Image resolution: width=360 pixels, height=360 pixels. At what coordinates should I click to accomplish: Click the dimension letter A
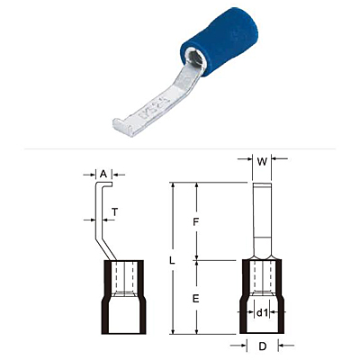103,174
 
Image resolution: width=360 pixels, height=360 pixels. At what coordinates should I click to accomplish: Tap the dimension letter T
115,212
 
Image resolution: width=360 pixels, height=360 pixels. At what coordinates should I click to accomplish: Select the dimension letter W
262,162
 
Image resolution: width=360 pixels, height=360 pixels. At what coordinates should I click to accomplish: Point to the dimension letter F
196,222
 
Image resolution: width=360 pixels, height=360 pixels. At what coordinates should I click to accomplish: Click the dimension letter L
172,261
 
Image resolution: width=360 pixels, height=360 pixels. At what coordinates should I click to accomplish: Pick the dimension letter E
196,299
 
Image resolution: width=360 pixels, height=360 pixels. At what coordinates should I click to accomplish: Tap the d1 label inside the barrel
262,313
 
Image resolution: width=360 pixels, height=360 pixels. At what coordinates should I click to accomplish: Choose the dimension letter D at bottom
263,346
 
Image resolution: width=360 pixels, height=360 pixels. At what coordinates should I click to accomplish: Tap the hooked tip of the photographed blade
122,128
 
